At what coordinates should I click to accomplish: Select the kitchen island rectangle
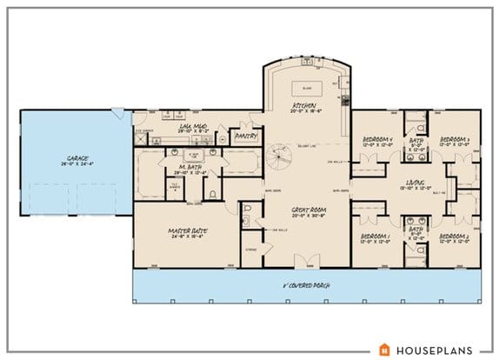point(306,88)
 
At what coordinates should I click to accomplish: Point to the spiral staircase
point(280,157)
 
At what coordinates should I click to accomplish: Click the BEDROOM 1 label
point(380,237)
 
